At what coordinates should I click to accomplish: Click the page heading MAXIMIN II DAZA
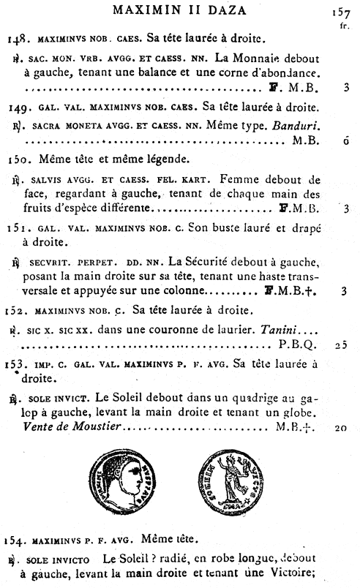180,11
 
